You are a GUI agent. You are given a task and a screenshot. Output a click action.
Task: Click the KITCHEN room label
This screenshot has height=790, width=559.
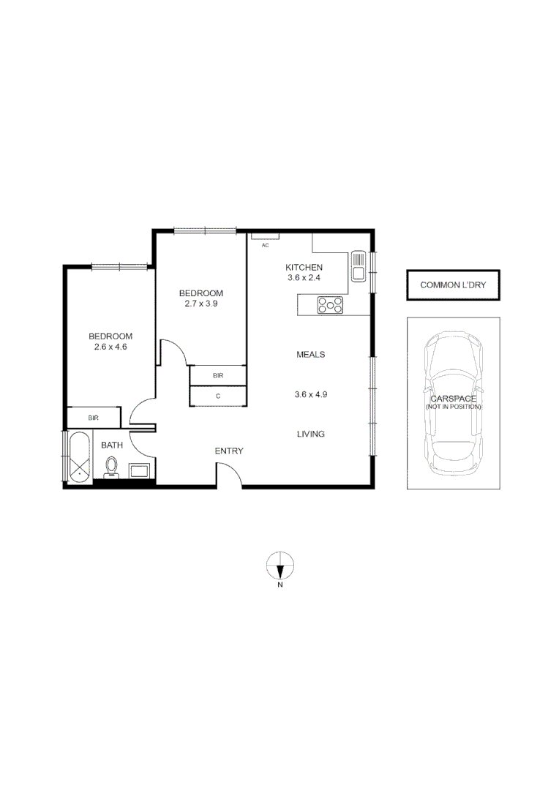tap(304, 268)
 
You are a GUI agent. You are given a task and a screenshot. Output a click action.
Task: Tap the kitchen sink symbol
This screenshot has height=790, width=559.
tap(359, 266)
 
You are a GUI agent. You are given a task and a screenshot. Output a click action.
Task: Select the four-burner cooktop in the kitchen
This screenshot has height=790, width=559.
tap(330, 305)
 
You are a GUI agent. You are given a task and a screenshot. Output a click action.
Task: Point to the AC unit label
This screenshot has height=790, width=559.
tap(265, 245)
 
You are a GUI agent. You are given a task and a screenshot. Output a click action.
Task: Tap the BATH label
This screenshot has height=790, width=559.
tap(112, 445)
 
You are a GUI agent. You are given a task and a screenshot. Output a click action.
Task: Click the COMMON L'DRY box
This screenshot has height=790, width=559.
tap(454, 285)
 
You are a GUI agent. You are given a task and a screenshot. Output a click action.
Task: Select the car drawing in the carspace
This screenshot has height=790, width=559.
tap(454, 406)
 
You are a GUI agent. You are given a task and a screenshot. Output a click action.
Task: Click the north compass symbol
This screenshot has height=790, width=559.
tap(280, 566)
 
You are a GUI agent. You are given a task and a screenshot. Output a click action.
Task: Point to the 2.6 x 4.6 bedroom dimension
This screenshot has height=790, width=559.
tap(110, 347)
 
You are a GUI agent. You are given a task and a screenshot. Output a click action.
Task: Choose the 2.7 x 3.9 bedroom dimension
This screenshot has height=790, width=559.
tap(201, 304)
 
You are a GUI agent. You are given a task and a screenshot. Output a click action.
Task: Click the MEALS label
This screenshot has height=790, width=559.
tap(310, 355)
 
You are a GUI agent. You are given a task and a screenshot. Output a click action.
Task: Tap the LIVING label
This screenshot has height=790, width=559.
tap(310, 434)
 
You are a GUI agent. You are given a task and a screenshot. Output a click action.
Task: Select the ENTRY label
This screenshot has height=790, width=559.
tap(228, 451)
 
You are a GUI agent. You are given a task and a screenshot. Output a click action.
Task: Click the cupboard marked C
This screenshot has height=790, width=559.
tap(217, 396)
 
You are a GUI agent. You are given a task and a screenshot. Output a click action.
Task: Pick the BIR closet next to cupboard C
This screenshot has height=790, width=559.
tap(217, 375)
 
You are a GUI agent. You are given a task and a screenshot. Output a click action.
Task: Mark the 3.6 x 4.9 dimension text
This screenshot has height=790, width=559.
tap(310, 394)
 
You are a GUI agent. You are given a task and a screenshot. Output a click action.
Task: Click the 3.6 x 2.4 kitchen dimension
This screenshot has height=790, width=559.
tap(304, 278)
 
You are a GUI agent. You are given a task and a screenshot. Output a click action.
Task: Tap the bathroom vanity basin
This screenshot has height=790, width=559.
tap(139, 470)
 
